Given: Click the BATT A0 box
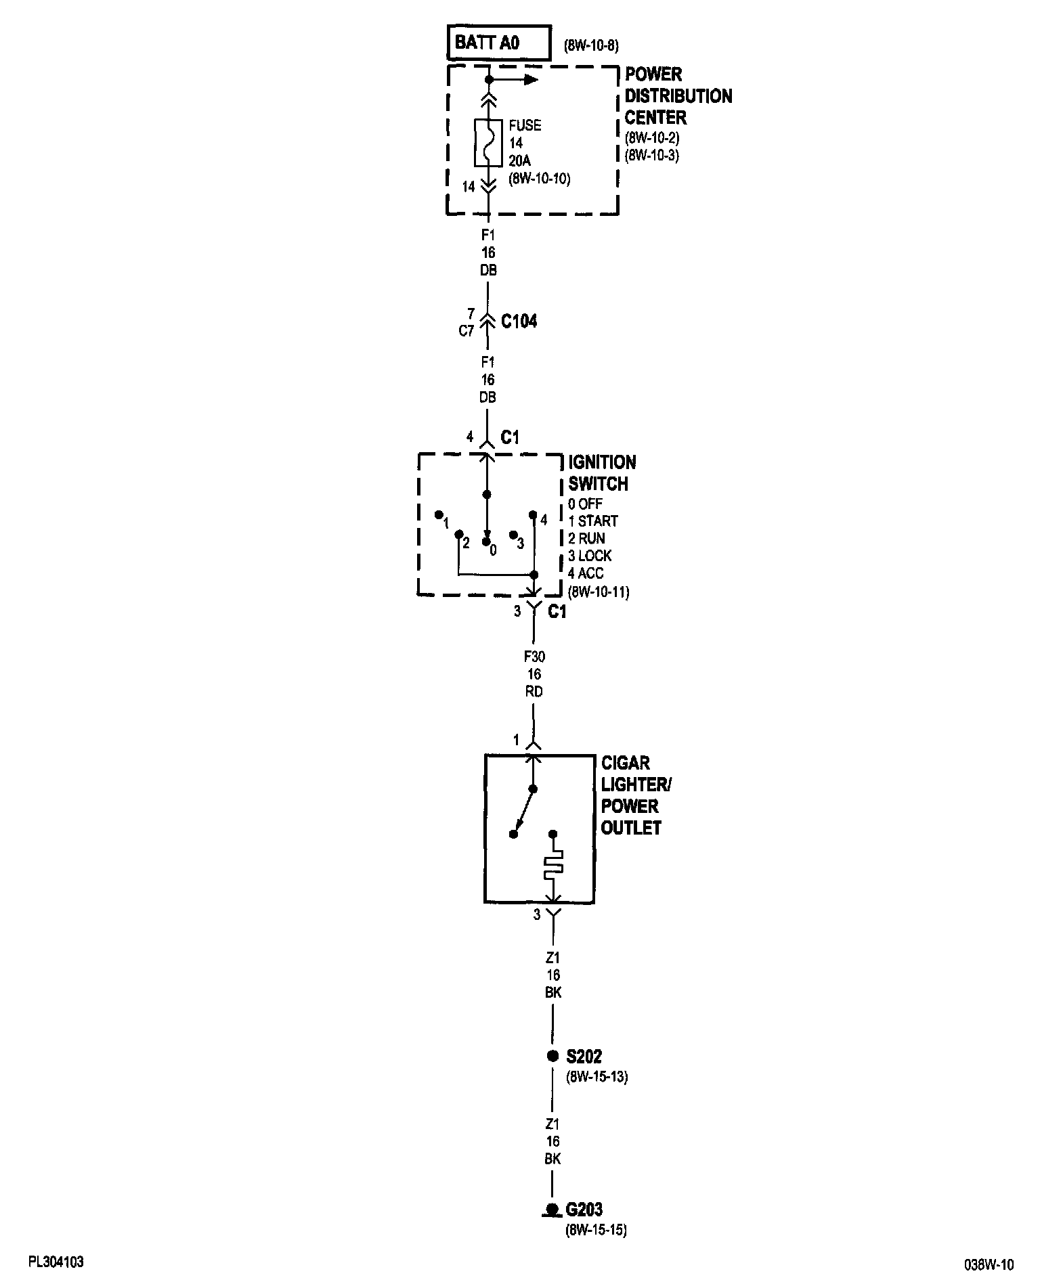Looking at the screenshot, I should [498, 43].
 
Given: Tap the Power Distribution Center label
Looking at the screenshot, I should [678, 95].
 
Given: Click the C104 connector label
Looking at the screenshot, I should [519, 322].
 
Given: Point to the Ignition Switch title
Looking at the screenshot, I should [601, 473].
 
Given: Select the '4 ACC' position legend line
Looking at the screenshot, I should [586, 573].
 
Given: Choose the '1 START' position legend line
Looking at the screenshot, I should [593, 521].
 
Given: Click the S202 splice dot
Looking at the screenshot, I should [552, 1055].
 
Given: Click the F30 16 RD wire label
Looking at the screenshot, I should [534, 674].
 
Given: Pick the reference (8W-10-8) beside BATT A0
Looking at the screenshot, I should [591, 47].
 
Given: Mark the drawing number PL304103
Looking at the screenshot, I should [56, 1262].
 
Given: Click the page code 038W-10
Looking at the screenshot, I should [989, 1264].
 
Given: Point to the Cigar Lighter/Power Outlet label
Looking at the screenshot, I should [636, 795].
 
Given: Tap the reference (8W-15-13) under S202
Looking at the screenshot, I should [597, 1077].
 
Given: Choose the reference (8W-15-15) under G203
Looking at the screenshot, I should [596, 1231].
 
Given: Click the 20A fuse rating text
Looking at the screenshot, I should [521, 161].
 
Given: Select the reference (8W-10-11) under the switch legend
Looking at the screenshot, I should [599, 592].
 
